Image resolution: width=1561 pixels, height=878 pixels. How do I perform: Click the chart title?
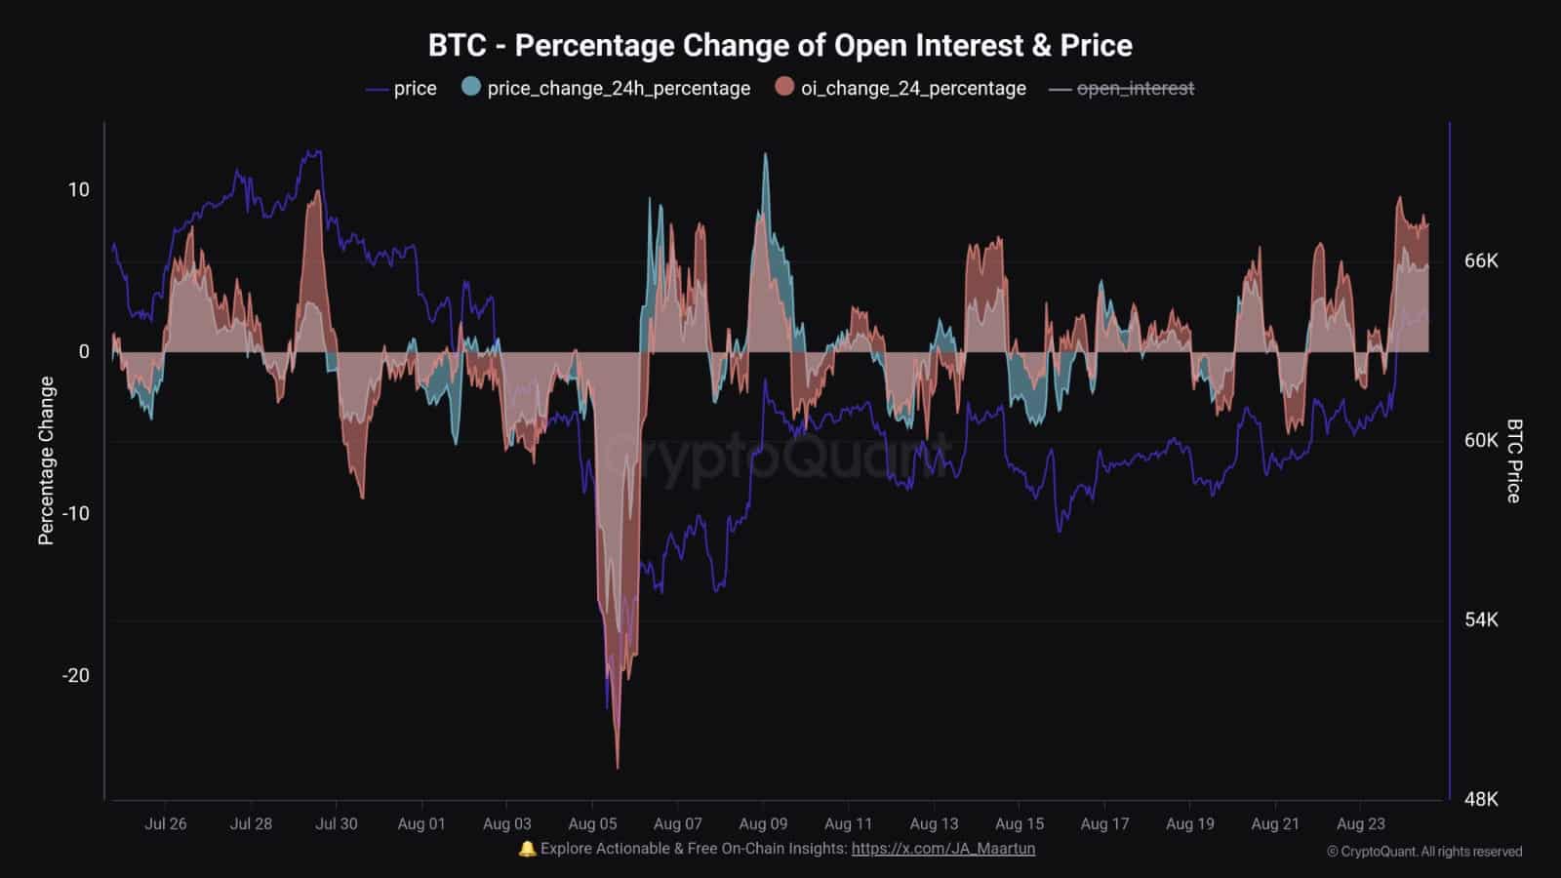(x=780, y=45)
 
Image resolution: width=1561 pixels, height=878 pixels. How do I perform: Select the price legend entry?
(x=402, y=88)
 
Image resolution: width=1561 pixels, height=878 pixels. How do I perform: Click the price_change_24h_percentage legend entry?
(x=607, y=88)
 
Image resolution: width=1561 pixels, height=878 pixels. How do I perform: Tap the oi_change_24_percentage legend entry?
(x=901, y=88)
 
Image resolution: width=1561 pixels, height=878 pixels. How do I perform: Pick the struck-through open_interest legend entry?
(x=1122, y=88)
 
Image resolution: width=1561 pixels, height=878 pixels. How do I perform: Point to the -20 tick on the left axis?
(x=75, y=675)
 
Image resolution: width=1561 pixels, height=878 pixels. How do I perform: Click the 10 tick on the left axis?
(x=78, y=189)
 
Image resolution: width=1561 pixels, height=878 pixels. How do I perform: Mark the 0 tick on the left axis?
(x=84, y=351)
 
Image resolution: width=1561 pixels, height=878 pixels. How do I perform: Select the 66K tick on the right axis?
(x=1481, y=260)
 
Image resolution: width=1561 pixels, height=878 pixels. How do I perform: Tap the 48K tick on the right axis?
(x=1481, y=799)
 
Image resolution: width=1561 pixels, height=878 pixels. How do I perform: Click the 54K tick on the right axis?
(x=1481, y=619)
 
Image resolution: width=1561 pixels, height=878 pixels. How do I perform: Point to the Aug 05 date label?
(x=592, y=823)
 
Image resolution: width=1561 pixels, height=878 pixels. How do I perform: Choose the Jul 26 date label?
(x=165, y=823)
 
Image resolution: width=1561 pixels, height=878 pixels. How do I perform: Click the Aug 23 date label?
(x=1360, y=823)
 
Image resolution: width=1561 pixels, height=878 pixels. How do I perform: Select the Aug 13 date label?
(x=934, y=823)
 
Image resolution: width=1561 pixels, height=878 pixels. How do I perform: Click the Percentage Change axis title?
(x=46, y=460)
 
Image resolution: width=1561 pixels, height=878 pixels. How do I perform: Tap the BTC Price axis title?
(x=1514, y=460)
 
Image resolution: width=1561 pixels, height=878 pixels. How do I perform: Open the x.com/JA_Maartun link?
(x=942, y=849)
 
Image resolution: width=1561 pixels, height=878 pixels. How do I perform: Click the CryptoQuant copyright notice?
(x=1424, y=852)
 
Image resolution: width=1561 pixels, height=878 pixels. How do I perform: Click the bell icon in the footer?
(x=527, y=849)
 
